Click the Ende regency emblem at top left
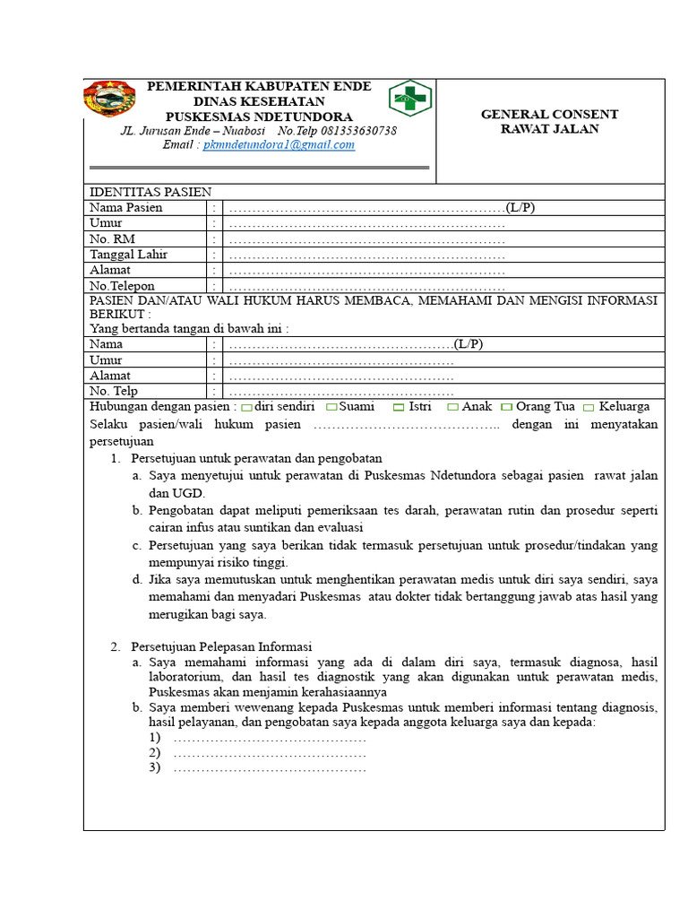[x=110, y=99]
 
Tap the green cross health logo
[x=410, y=99]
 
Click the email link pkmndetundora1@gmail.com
[x=279, y=145]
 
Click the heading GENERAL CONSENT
[x=549, y=115]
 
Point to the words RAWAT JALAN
[x=549, y=129]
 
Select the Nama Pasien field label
[x=125, y=208]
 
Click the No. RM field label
[x=111, y=238]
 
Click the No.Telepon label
[x=122, y=286]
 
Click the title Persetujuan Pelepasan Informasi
[x=221, y=646]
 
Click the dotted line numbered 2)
[x=270, y=753]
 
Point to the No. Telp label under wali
[x=114, y=392]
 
